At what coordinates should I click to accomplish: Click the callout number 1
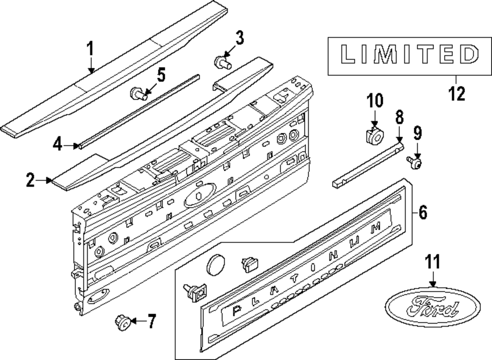pos(90,50)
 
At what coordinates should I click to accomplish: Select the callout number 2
pos(31,181)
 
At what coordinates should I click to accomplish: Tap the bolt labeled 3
pos(222,62)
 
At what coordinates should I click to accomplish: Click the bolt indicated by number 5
pos(137,93)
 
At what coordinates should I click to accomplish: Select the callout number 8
pos(400,118)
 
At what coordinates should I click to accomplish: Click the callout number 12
pos(457,93)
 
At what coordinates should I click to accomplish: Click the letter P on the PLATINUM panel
pos(236,310)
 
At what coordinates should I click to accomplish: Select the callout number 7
pos(151,322)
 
